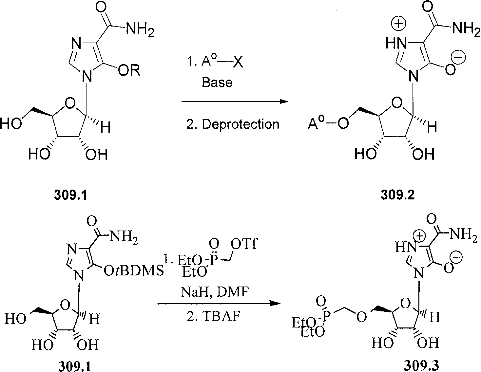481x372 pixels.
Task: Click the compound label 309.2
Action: (x=397, y=195)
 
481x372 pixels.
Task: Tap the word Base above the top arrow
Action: (x=217, y=82)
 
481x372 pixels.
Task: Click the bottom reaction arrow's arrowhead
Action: (x=276, y=303)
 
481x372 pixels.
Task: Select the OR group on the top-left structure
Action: (x=129, y=70)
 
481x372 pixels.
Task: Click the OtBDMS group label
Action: (x=134, y=270)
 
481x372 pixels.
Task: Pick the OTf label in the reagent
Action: (x=244, y=244)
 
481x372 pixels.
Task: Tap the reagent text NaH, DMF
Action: (x=215, y=292)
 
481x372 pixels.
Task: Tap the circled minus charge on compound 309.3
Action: (x=457, y=257)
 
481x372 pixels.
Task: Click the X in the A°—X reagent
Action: (x=238, y=62)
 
